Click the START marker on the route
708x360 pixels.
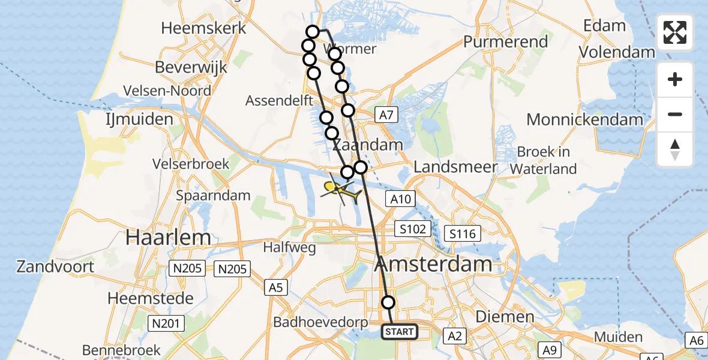(x=400, y=331)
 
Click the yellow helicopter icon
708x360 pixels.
(x=341, y=191)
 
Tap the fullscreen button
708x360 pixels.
(x=675, y=32)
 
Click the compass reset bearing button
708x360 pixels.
(x=675, y=149)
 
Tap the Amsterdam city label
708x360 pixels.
(x=434, y=264)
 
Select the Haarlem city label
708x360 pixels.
(x=168, y=238)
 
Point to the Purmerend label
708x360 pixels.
(x=506, y=42)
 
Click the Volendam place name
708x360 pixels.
(x=617, y=52)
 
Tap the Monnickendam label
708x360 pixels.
(x=584, y=119)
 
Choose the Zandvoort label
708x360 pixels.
(x=55, y=266)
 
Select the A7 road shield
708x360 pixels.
(x=385, y=115)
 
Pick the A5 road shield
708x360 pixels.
(x=275, y=288)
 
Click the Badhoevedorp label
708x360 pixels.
(x=320, y=322)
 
